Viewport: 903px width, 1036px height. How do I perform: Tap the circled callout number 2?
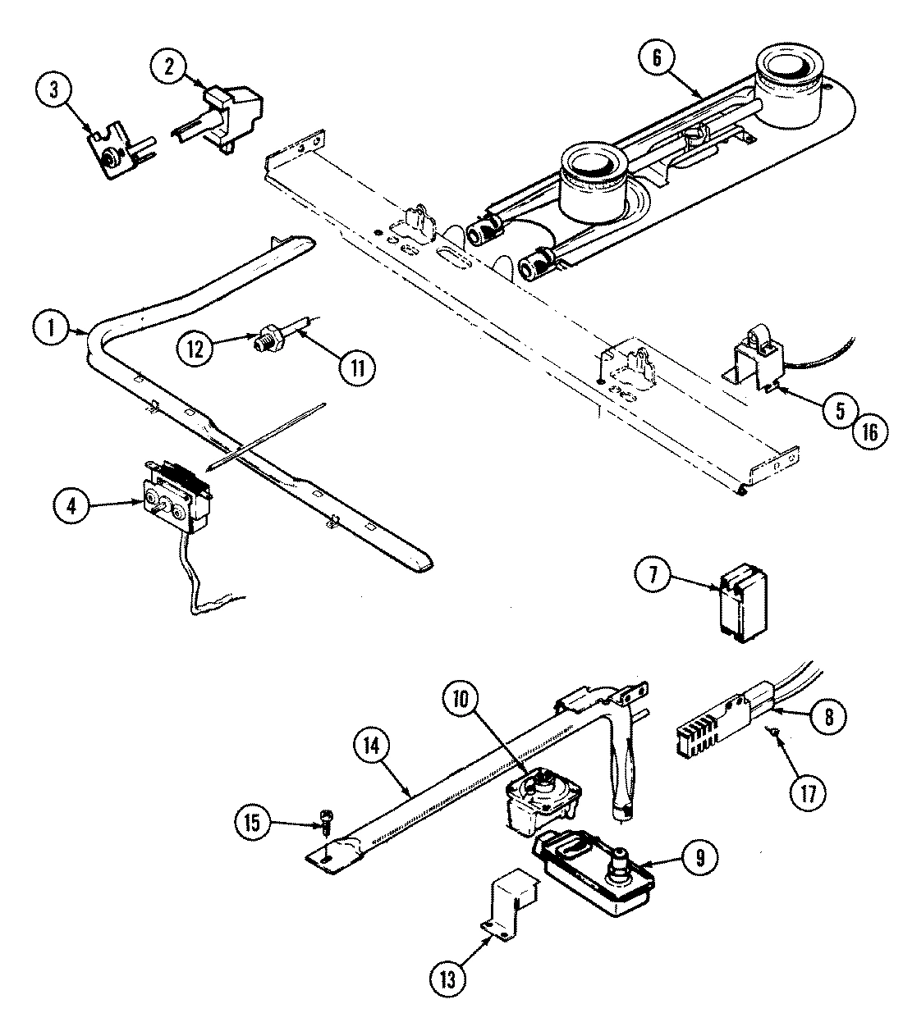168,68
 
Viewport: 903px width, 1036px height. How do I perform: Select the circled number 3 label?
54,90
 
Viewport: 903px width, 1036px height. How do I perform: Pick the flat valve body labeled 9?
595,872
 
